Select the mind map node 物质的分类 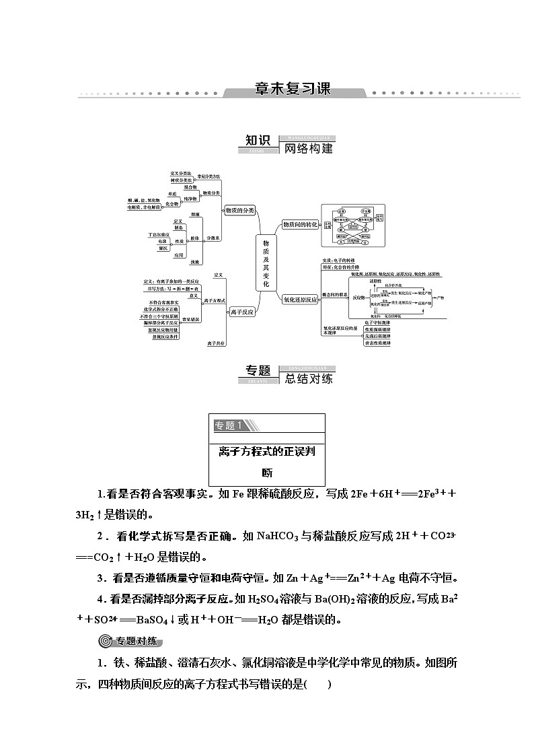click(x=240, y=211)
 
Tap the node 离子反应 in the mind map click(x=242, y=312)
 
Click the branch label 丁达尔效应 click(x=159, y=234)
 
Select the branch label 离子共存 click(x=217, y=343)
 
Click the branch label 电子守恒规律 click(x=377, y=322)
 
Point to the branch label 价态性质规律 click(x=377, y=343)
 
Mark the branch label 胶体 click(x=195, y=239)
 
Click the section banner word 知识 click(x=258, y=141)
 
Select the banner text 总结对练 click(x=309, y=378)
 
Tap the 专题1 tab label click(x=229, y=425)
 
